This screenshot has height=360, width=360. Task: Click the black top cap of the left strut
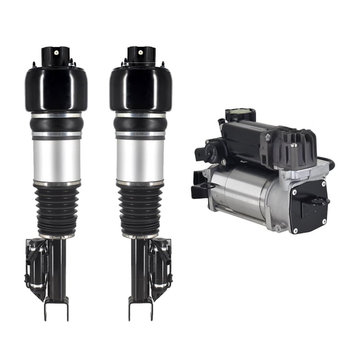56,56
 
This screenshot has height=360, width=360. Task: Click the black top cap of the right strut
140,56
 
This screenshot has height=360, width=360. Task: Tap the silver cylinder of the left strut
56,159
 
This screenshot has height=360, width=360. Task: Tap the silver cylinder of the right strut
141,159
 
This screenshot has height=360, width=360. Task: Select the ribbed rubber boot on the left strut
57,209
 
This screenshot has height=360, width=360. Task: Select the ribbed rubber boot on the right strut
141,209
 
